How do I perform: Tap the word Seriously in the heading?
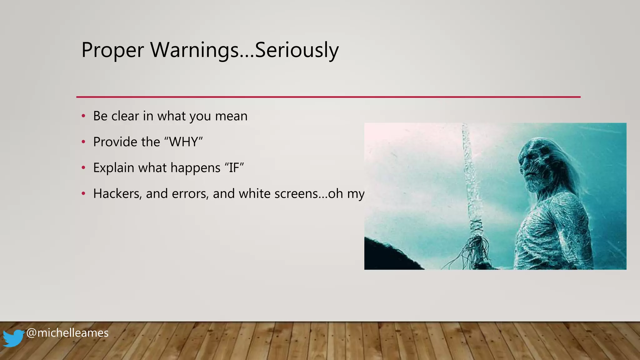tap(297, 50)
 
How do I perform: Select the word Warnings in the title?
tap(194, 50)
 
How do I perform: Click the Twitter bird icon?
tap(13, 338)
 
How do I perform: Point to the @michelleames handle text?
tap(67, 333)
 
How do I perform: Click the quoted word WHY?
tap(183, 142)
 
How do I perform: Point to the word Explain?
tap(113, 168)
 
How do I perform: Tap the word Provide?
tap(115, 142)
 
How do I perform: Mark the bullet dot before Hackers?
tap(83, 194)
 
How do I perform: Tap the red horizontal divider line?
tap(328, 97)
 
